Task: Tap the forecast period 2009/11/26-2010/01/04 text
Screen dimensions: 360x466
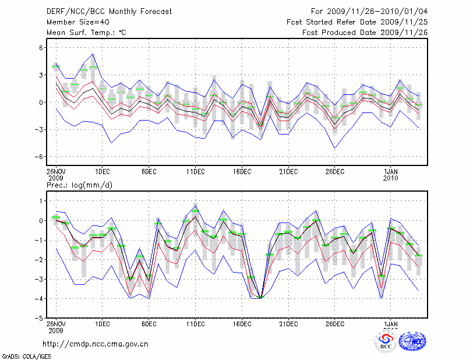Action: [x=369, y=11]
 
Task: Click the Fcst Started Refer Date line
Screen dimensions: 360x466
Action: [x=357, y=22]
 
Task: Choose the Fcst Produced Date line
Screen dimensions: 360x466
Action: [x=365, y=32]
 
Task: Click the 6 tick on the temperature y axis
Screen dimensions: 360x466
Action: [x=41, y=48]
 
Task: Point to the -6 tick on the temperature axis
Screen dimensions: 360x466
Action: [x=40, y=157]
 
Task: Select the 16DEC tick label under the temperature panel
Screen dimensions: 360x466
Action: [x=242, y=171]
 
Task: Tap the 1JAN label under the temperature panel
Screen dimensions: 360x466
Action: [x=391, y=171]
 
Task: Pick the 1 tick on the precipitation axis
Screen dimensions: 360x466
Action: [x=41, y=201]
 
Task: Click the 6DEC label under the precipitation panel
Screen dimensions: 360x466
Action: [x=149, y=324]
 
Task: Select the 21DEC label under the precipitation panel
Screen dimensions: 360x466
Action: [x=288, y=324]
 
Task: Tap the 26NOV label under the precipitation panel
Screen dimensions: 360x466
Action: [x=56, y=324]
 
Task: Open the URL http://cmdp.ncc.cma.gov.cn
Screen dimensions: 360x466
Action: [x=96, y=344]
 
